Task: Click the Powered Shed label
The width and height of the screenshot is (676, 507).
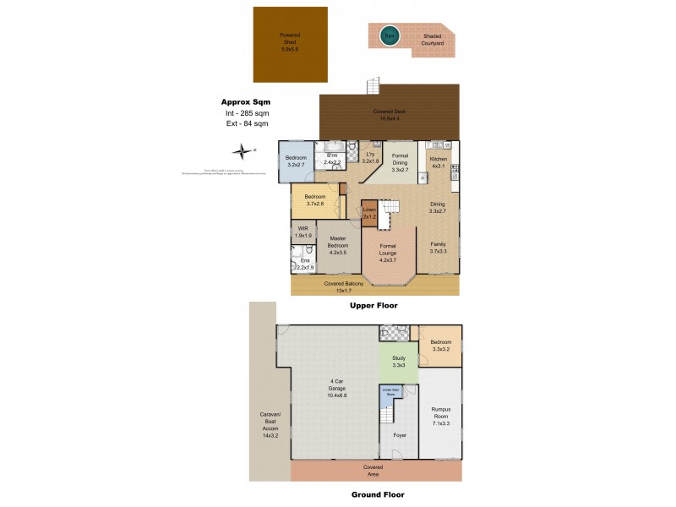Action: [290, 42]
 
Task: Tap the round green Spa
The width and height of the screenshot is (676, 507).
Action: [390, 36]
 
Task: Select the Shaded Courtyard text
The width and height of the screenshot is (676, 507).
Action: [433, 40]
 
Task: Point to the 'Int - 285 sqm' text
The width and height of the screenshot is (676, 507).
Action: [247, 112]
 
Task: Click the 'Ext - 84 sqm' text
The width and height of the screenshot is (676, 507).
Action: [246, 124]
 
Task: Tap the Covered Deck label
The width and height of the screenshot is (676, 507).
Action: [389, 116]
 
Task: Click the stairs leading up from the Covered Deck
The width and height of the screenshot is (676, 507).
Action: [373, 87]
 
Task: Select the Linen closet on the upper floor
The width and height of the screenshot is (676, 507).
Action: [368, 215]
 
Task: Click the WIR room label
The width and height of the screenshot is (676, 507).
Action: [303, 232]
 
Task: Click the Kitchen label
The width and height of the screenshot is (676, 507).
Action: [438, 162]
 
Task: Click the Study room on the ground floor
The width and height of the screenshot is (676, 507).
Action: [399, 362]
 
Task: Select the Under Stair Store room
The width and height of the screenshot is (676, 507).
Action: [390, 393]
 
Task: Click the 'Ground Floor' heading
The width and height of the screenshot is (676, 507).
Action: [377, 494]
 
